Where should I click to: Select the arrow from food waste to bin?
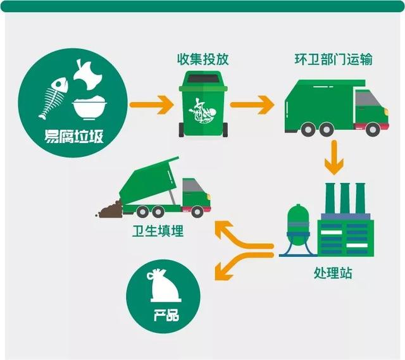click(x=151, y=102)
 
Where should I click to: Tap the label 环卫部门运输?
click(x=342, y=60)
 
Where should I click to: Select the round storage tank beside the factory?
click(x=297, y=221)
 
